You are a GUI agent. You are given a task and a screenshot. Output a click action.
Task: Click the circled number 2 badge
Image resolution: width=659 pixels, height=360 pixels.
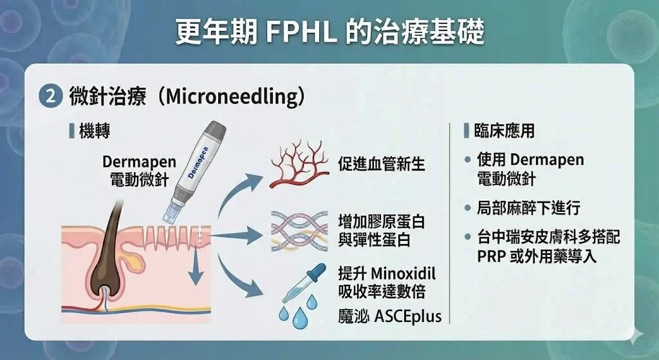tap(50, 97)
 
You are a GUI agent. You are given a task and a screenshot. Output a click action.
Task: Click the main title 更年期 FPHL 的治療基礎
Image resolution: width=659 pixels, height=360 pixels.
tap(329, 32)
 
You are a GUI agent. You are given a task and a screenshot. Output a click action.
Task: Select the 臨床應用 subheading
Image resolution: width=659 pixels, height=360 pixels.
tap(505, 131)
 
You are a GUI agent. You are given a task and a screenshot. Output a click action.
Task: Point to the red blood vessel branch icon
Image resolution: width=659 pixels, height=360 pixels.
tap(299, 164)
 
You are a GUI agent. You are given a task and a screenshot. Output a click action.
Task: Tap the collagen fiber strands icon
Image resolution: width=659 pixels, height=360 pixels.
tap(299, 232)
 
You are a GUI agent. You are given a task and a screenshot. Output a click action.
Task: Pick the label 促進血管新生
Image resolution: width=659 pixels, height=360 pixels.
tap(382, 164)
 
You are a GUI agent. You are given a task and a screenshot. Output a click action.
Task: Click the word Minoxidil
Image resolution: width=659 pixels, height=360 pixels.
tap(404, 273)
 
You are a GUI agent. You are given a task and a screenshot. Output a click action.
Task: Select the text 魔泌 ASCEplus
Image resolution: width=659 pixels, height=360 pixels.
tap(389, 316)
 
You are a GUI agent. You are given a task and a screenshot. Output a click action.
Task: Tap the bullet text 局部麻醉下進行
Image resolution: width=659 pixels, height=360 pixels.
tap(529, 208)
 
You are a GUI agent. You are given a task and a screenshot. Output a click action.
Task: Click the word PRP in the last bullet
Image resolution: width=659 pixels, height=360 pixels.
tap(491, 256)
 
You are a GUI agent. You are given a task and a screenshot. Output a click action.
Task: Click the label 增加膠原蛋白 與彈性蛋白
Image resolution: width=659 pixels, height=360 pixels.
tap(381, 231)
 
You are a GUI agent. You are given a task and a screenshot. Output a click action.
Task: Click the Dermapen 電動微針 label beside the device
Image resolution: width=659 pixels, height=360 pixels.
tap(139, 171)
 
